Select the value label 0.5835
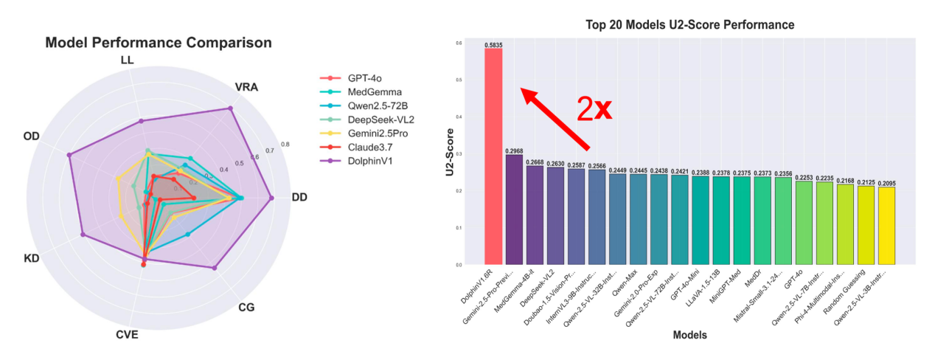point(493,45)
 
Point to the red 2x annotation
point(594,108)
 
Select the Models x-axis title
point(689,335)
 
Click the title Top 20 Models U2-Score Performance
point(689,25)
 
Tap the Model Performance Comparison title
point(159,43)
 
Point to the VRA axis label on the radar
point(246,87)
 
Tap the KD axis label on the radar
point(31,258)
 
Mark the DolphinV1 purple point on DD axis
point(271,198)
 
